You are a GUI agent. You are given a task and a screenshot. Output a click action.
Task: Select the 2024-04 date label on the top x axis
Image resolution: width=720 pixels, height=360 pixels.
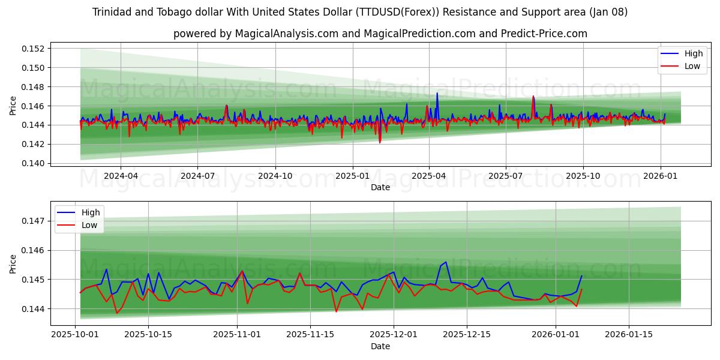coord(121,176)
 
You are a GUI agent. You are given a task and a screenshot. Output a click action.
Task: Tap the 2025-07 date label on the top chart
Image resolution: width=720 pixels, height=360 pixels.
coord(505,176)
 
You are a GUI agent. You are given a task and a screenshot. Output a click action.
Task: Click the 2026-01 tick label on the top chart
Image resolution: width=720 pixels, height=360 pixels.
coord(660,176)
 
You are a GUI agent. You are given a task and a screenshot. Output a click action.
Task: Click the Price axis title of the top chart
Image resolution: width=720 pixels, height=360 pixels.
coord(13,106)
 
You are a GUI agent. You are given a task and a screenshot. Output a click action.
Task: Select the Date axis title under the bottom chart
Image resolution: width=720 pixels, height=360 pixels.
coord(380,346)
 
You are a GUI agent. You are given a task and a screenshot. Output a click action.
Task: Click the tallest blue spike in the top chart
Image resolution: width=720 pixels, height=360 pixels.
coord(437,94)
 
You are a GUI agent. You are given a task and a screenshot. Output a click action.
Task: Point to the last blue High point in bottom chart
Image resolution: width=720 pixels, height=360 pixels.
coord(581,276)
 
